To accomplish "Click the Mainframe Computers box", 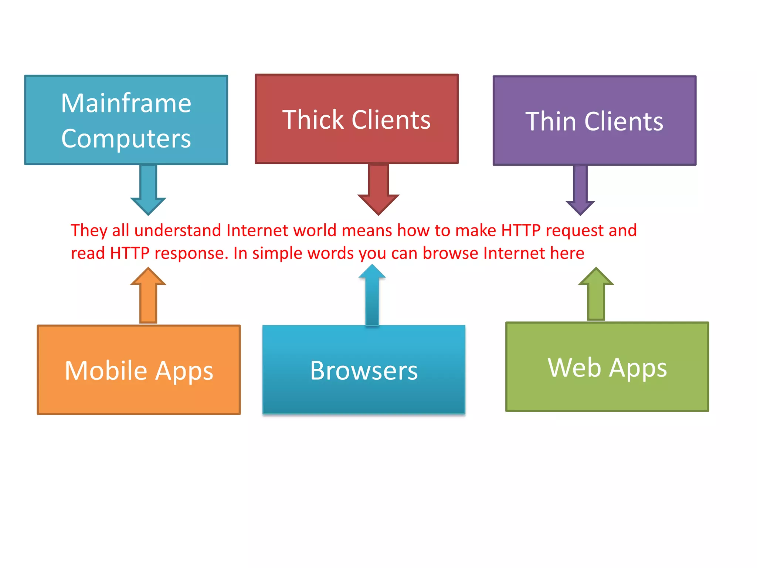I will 126,120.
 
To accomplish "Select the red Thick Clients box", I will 356,119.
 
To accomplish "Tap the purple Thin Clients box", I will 594,121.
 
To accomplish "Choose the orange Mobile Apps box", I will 139,370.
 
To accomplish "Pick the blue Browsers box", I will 364,370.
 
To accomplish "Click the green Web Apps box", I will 607,367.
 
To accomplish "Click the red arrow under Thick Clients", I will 378,189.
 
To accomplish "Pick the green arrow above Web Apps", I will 596,294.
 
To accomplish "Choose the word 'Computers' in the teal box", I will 126,138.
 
